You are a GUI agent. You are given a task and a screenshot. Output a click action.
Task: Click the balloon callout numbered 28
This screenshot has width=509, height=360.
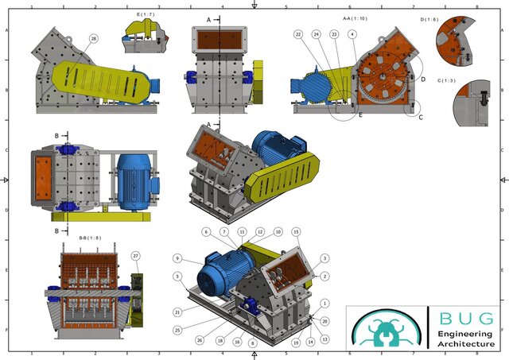point(94,38)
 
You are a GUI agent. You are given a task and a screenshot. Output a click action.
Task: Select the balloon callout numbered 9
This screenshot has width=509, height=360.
point(177,257)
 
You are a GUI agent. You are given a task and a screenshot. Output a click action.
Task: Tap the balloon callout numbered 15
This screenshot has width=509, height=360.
point(296,231)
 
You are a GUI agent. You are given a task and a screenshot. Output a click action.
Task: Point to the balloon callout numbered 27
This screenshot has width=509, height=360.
point(136,255)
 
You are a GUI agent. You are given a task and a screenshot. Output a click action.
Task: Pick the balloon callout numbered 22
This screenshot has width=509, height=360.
point(298,35)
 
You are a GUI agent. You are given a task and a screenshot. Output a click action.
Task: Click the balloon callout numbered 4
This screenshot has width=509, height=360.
point(352,35)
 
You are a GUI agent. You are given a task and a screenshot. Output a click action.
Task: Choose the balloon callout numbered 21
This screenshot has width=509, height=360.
point(177,312)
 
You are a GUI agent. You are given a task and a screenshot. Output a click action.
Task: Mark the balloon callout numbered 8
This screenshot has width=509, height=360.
point(252,343)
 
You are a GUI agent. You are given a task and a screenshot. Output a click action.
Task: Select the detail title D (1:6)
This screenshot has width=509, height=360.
point(451,18)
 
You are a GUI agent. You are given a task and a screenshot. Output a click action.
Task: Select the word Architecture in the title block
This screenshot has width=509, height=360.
point(470,344)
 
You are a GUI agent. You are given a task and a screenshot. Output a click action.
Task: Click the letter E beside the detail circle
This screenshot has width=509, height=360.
point(359,114)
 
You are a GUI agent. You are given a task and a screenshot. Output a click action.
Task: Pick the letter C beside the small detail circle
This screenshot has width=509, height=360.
point(421,117)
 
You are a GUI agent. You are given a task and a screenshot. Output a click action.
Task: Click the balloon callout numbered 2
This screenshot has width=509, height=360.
point(324,276)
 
